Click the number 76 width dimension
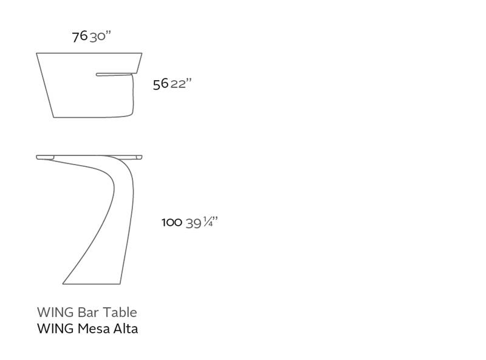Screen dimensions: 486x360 [x=80, y=36]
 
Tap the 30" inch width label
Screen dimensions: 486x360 [x=100, y=36]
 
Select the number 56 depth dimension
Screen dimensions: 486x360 [x=160, y=84]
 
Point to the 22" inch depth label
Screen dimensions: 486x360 [x=181, y=84]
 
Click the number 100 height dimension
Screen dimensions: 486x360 [x=172, y=222]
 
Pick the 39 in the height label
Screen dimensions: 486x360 [x=193, y=223]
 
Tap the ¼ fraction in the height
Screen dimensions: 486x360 [x=208, y=222]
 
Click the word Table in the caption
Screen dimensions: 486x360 [x=120, y=312]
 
